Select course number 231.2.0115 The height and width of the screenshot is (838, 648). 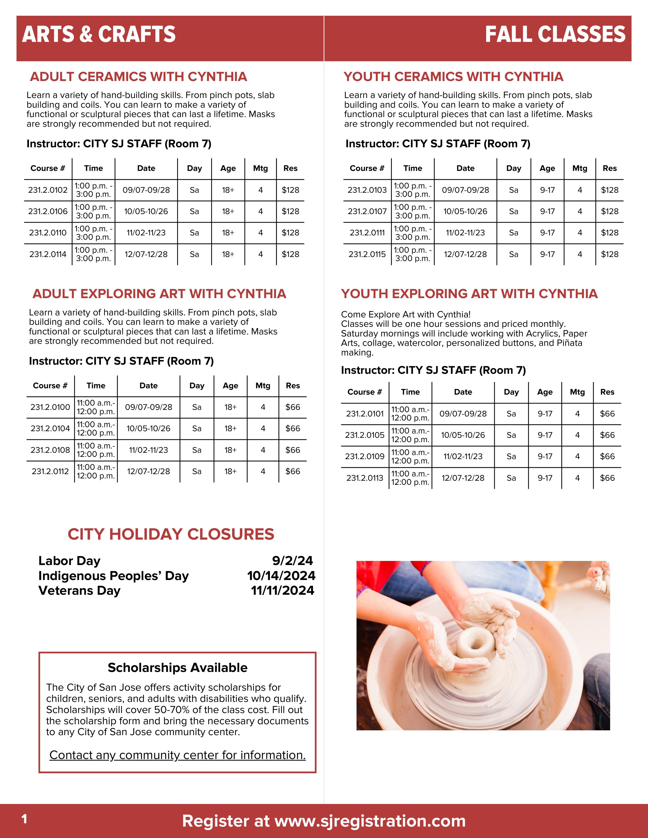click(367, 254)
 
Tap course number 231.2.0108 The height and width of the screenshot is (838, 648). click(50, 450)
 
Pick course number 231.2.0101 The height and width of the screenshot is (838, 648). click(365, 414)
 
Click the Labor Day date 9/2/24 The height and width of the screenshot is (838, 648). click(292, 561)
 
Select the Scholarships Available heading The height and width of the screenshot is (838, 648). click(177, 668)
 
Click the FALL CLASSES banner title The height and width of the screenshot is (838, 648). click(555, 35)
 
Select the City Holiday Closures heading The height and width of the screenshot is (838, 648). click(171, 534)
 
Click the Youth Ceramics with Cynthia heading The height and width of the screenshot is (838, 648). click(453, 77)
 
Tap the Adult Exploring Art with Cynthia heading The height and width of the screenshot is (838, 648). click(159, 294)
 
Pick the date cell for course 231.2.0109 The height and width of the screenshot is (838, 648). click(463, 456)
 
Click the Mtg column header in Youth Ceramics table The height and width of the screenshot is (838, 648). click(580, 168)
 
